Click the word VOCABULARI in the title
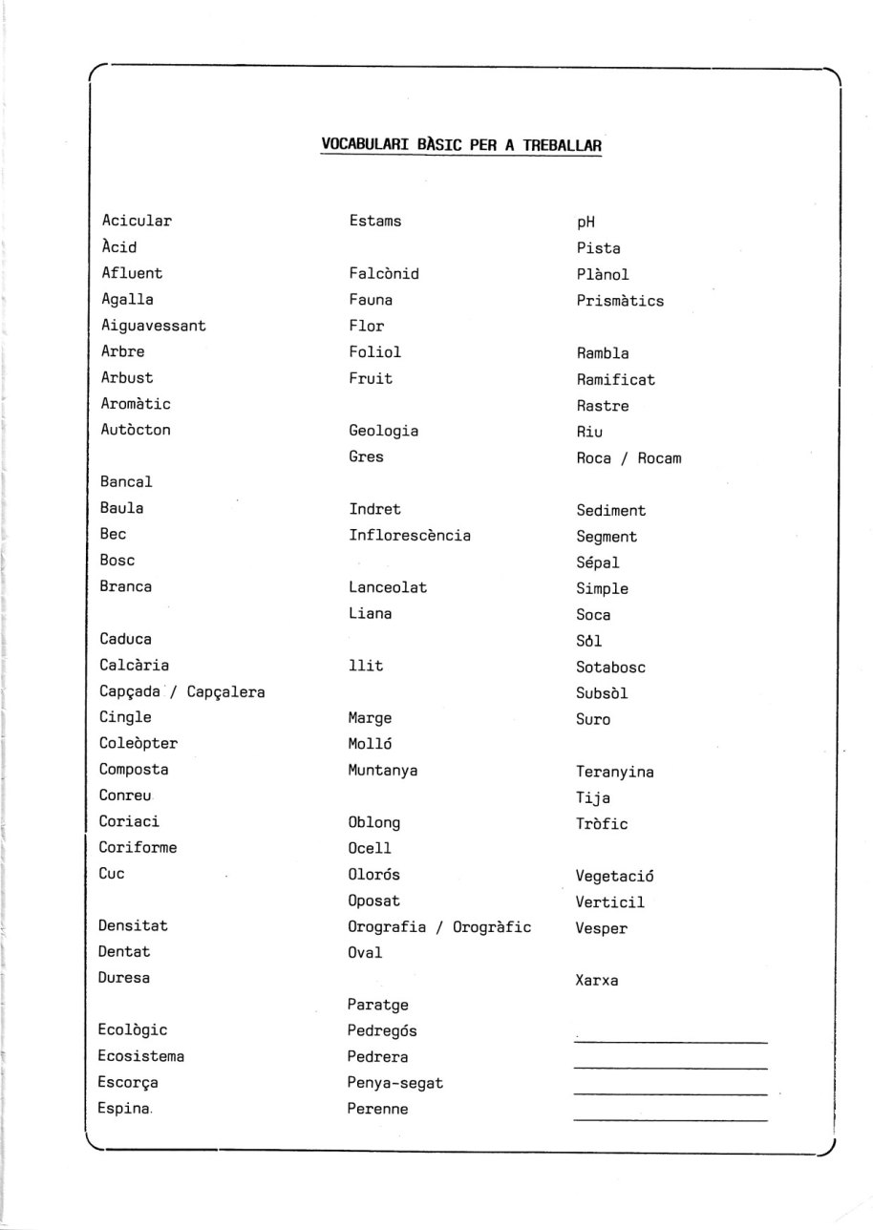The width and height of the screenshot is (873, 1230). click(366, 145)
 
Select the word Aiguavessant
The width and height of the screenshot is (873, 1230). click(153, 326)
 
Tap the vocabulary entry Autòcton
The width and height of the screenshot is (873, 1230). click(136, 430)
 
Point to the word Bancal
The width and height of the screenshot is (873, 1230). click(126, 482)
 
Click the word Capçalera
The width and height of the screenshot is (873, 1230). click(225, 691)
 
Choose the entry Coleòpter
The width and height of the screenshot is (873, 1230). click(138, 743)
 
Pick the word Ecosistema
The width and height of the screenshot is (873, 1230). click(141, 1056)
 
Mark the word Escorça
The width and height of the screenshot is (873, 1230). click(128, 1083)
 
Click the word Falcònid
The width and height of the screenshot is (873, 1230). click(384, 273)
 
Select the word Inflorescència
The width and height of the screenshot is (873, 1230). click(409, 536)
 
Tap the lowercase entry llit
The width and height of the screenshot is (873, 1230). click(366, 666)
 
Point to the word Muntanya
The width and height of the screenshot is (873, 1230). click(383, 770)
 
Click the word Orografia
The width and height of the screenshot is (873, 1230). click(387, 926)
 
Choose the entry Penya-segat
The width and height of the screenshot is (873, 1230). click(395, 1083)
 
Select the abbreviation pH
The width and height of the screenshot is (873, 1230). click(586, 223)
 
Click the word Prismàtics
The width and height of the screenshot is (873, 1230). click(620, 301)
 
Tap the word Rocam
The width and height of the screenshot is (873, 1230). click(659, 458)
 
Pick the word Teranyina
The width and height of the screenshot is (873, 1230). click(615, 772)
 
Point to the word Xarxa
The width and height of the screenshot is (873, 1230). click(597, 980)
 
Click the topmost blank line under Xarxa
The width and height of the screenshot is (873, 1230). click(671, 1042)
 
